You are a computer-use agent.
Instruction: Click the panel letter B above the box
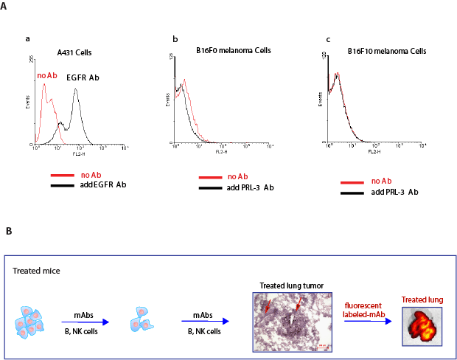coord(8,232)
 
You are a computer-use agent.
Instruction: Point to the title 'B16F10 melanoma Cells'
coord(387,51)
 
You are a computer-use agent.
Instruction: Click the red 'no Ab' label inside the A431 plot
coord(46,75)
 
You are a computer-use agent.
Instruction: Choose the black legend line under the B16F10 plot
coord(355,192)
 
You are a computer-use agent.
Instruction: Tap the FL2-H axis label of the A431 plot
coord(76,151)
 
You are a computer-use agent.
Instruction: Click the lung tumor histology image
coord(290,320)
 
